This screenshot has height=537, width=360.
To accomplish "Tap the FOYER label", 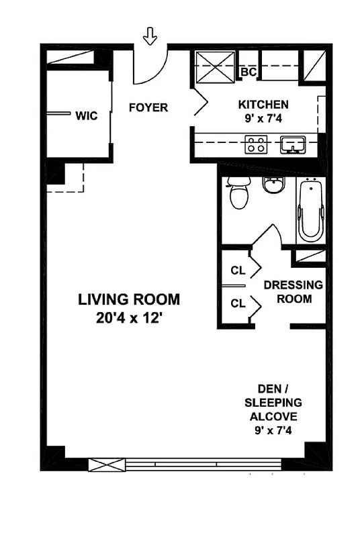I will (148, 107).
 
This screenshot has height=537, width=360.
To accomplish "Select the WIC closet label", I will (87, 115).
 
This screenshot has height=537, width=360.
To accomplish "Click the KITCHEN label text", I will (263, 104).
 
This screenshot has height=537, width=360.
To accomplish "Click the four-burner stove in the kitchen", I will (256, 144).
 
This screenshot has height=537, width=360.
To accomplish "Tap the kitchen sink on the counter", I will (293, 144).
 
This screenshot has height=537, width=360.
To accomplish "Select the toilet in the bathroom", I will (238, 194).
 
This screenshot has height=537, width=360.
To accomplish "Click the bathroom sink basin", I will (272, 184).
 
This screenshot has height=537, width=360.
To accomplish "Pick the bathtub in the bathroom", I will (310, 210).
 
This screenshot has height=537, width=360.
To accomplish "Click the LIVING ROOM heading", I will (129, 299).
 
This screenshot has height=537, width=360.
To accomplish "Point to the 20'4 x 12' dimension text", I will (129, 319).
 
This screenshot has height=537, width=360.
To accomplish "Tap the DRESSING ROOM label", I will (293, 292).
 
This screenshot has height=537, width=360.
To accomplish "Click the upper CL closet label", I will (238, 271).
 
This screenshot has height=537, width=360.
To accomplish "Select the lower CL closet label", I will (238, 303).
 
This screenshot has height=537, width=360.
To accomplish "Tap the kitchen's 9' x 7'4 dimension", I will (263, 119).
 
